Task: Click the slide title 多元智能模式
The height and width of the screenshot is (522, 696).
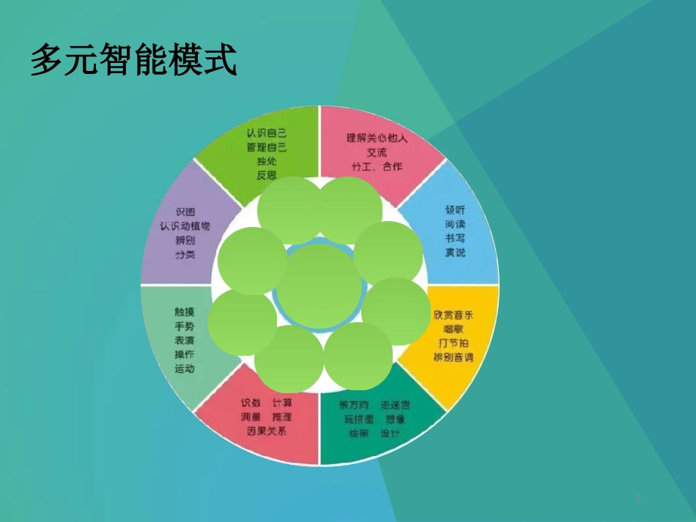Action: point(133,60)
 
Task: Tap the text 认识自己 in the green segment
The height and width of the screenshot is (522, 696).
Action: point(267,133)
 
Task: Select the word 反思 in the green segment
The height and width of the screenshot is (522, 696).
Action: point(267,175)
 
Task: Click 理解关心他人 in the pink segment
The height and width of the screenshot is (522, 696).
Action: point(377,138)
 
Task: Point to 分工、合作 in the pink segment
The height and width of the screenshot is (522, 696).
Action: point(377,166)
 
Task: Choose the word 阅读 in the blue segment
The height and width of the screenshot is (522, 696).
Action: point(455,224)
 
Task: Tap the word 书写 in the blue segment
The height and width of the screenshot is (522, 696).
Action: point(455,238)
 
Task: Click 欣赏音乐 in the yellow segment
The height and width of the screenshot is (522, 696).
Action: point(453,315)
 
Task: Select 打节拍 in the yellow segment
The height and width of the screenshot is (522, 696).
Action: point(453,343)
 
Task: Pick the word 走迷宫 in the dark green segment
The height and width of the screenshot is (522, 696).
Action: point(396,405)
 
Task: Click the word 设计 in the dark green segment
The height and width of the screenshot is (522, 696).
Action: point(390,433)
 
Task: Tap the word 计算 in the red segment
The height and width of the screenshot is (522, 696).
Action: point(282,403)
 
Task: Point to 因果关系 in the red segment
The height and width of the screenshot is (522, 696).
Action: point(267,430)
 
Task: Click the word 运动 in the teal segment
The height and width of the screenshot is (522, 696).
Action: point(185,369)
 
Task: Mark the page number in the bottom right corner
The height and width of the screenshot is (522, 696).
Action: point(638,499)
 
